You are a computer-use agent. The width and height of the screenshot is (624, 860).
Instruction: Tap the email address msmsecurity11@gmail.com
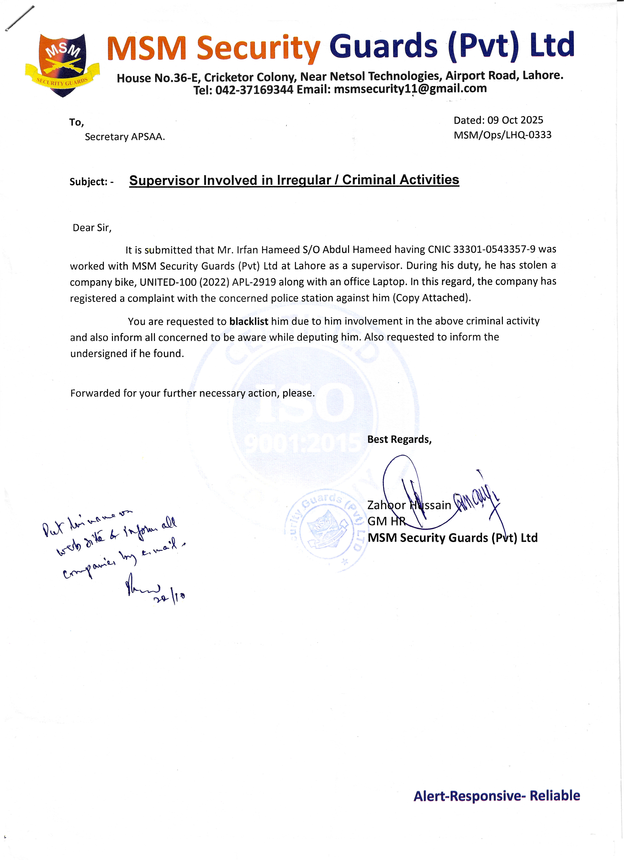(410, 89)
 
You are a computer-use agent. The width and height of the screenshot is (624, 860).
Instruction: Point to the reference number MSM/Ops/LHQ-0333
(502, 135)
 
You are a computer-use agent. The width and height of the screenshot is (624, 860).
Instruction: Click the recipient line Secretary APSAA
(125, 137)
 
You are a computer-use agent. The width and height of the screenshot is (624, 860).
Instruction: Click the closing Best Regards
(399, 439)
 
